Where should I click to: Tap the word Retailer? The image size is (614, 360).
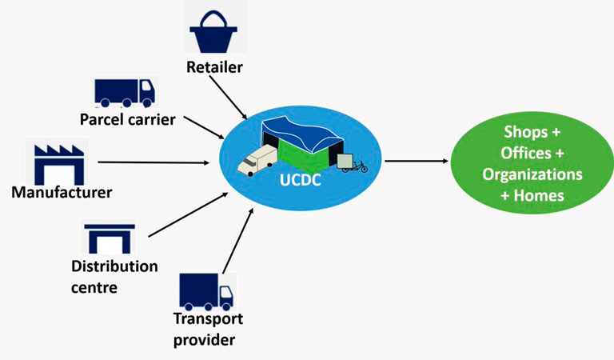[x=214, y=67]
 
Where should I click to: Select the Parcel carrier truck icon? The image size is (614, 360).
[x=125, y=93]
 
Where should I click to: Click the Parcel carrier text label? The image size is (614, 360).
[x=128, y=119]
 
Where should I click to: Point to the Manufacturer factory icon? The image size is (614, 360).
[x=58, y=165]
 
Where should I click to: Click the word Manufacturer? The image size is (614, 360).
[x=62, y=192]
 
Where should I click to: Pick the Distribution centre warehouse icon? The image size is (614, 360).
[x=110, y=238]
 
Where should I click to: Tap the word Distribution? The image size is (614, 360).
[x=114, y=266]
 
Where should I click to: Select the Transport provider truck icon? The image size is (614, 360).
[x=206, y=291]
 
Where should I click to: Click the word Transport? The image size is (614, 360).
[x=208, y=318]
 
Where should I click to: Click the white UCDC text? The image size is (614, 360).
[x=301, y=180]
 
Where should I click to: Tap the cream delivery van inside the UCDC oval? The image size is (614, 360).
[x=255, y=162]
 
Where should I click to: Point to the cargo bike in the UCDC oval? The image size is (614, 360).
[x=353, y=163]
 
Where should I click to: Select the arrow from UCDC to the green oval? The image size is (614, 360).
[x=417, y=161]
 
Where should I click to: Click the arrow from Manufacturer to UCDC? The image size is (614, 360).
[x=153, y=162]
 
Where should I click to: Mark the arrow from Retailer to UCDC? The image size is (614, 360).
[x=229, y=98]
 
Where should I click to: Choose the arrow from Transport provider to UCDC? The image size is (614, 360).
[x=237, y=241]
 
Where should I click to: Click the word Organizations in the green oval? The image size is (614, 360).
[x=532, y=174]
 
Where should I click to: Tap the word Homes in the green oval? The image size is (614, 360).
[x=538, y=195]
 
